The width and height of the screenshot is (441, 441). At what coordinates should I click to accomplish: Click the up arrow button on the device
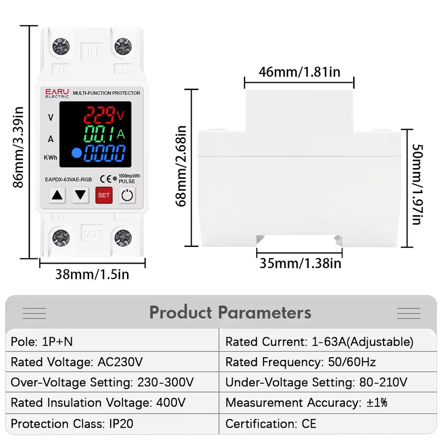57,195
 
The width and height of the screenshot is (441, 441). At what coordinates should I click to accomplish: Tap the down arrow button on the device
80,195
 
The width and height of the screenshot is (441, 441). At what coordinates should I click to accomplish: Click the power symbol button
127,195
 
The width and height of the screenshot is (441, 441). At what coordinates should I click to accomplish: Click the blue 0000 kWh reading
105,153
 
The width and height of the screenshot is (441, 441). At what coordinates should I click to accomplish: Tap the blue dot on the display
76,153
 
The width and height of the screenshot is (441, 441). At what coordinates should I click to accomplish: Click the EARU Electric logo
57,94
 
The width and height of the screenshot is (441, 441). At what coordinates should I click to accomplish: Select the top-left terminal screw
61,47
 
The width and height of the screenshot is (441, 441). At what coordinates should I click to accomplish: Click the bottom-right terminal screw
123,238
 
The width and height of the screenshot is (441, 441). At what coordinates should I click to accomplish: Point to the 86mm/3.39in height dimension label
18,147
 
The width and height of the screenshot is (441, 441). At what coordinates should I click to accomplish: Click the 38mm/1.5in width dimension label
92,274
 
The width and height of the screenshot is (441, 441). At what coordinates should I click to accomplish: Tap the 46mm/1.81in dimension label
299,72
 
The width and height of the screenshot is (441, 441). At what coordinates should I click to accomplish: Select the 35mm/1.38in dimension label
300,264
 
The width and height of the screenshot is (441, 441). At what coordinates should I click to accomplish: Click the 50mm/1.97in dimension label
417,185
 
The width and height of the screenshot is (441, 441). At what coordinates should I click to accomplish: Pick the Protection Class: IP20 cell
112,423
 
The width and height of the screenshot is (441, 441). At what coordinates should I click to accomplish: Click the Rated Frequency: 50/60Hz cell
328,362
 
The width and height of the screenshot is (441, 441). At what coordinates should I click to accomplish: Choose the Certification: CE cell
328,423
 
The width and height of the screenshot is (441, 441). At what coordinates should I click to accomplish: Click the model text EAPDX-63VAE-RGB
68,179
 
